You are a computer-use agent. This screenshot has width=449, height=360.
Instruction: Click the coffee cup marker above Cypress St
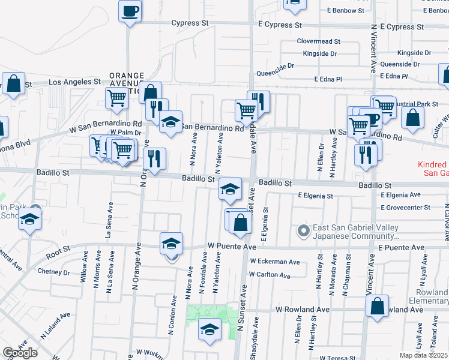coord(130,11)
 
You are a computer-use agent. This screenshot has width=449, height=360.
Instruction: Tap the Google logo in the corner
coord(20,353)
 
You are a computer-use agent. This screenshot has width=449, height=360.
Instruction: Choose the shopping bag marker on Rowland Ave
coord(378,305)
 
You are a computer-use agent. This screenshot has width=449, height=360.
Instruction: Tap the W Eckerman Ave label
coord(275,262)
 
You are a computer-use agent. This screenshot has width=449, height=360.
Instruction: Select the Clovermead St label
coord(319,42)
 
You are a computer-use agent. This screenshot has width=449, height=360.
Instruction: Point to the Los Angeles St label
coord(74,81)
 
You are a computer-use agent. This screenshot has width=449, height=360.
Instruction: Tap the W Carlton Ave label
coord(270,275)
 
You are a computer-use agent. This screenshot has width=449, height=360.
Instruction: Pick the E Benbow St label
coord(346,11)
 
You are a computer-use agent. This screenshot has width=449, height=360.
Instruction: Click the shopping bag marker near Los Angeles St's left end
coord(13,84)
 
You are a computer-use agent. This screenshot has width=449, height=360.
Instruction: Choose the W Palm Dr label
coord(125,132)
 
